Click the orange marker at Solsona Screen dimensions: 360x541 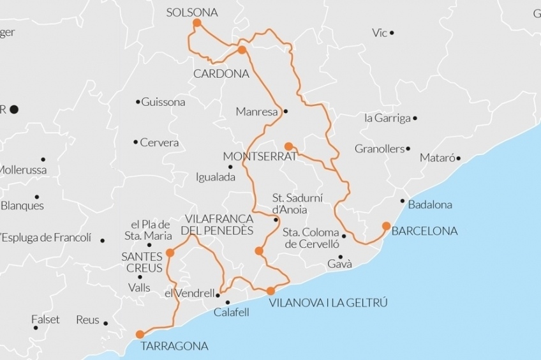click(196, 23)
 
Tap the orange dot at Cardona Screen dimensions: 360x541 click(242, 50)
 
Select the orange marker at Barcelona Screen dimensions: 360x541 click(386, 225)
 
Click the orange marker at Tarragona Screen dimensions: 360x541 click(140, 334)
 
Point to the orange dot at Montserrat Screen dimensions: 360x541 click(288, 146)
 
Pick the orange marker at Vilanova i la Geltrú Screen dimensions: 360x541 click(270, 291)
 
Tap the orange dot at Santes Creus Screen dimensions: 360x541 click(170, 253)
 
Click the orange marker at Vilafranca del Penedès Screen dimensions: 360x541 click(258, 251)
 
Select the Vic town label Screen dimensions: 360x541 click(380, 33)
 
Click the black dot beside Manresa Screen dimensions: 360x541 click(286, 111)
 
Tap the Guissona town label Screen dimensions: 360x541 click(163, 102)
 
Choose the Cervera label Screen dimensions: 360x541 click(159, 142)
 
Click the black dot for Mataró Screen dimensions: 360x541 click(458, 158)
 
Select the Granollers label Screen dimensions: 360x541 click(380, 149)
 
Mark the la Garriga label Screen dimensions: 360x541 click(386, 118)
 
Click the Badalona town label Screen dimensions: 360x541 click(429, 205)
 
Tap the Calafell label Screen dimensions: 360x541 click(231, 312)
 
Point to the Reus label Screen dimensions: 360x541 click(87, 320)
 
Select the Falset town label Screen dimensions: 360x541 click(45, 319)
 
